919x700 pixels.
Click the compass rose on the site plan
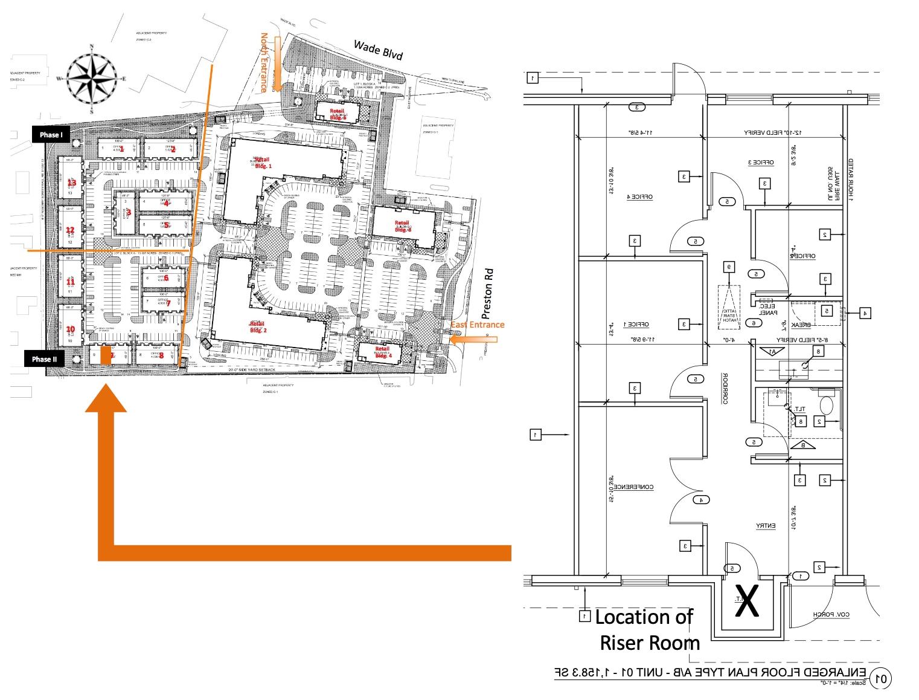(x=91, y=78)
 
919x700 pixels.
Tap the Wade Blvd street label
(x=378, y=50)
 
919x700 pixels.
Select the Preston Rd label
(x=487, y=294)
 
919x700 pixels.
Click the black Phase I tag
(x=51, y=134)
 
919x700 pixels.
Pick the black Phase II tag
(x=44, y=358)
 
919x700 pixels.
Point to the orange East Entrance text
(x=477, y=325)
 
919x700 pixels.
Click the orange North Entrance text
(x=264, y=63)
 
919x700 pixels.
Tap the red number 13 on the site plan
(x=71, y=183)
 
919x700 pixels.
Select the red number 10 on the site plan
(x=70, y=329)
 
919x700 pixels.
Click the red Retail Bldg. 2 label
(x=258, y=327)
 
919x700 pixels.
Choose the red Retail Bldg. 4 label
(x=383, y=352)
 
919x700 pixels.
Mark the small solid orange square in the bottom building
(x=106, y=355)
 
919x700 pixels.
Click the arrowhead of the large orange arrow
(x=106, y=399)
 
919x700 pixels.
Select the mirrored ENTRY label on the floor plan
(x=766, y=525)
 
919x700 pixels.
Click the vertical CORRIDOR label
(x=725, y=388)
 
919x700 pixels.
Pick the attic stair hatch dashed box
(x=729, y=307)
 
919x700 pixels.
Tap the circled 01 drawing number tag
(x=881, y=678)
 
